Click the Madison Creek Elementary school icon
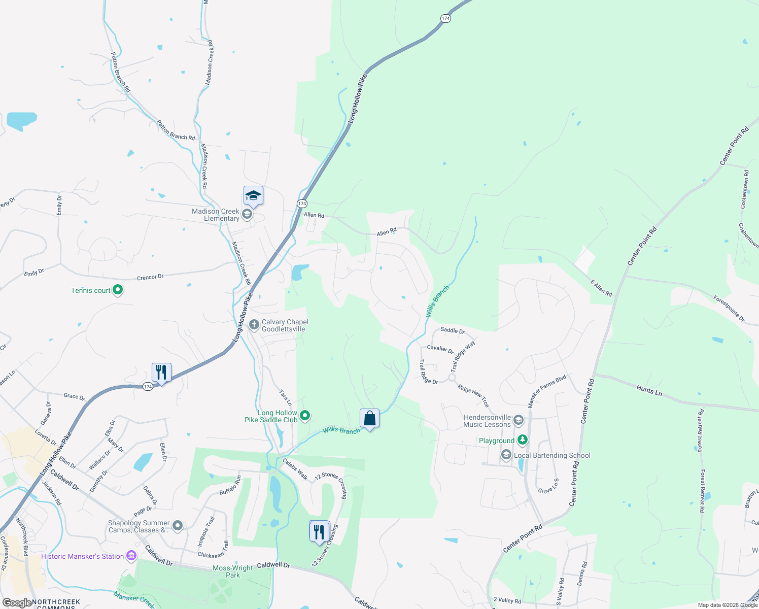click(x=247, y=214)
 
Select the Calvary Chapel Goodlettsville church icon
click(x=254, y=324)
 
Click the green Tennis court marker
click(x=118, y=290)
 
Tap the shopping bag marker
click(x=370, y=419)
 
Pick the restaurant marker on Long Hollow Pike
click(x=161, y=373)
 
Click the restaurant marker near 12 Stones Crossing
click(x=319, y=532)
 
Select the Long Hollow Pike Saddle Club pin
click(x=305, y=416)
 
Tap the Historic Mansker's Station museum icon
click(x=131, y=556)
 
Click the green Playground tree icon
click(x=523, y=440)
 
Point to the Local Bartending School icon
click(x=506, y=455)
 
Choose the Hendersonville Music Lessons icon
click(x=519, y=420)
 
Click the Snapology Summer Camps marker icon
click(x=178, y=526)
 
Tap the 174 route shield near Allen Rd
click(x=302, y=204)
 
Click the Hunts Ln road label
click(x=649, y=390)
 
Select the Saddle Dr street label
click(x=453, y=330)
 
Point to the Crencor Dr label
click(x=150, y=277)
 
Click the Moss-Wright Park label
click(x=232, y=571)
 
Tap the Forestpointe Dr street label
click(x=729, y=309)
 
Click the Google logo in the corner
click(x=16, y=603)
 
